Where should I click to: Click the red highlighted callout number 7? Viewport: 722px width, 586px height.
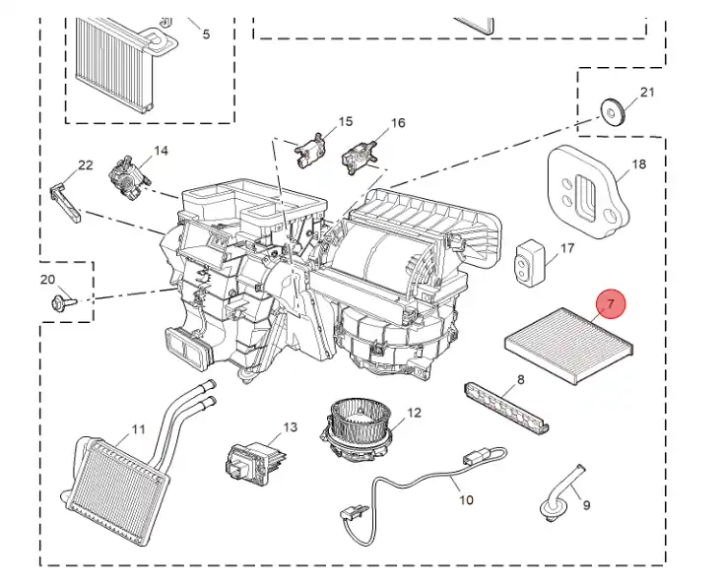click(611, 304)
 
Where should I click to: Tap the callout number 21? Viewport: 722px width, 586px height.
click(647, 93)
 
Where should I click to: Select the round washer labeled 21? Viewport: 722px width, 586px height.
click(613, 109)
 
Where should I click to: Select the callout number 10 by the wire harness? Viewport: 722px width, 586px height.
click(466, 499)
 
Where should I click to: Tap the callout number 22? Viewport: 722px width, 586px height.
click(86, 165)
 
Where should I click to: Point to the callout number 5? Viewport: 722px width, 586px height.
click(206, 34)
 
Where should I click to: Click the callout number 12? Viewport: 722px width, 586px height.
click(414, 412)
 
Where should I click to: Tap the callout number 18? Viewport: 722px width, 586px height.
click(638, 164)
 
